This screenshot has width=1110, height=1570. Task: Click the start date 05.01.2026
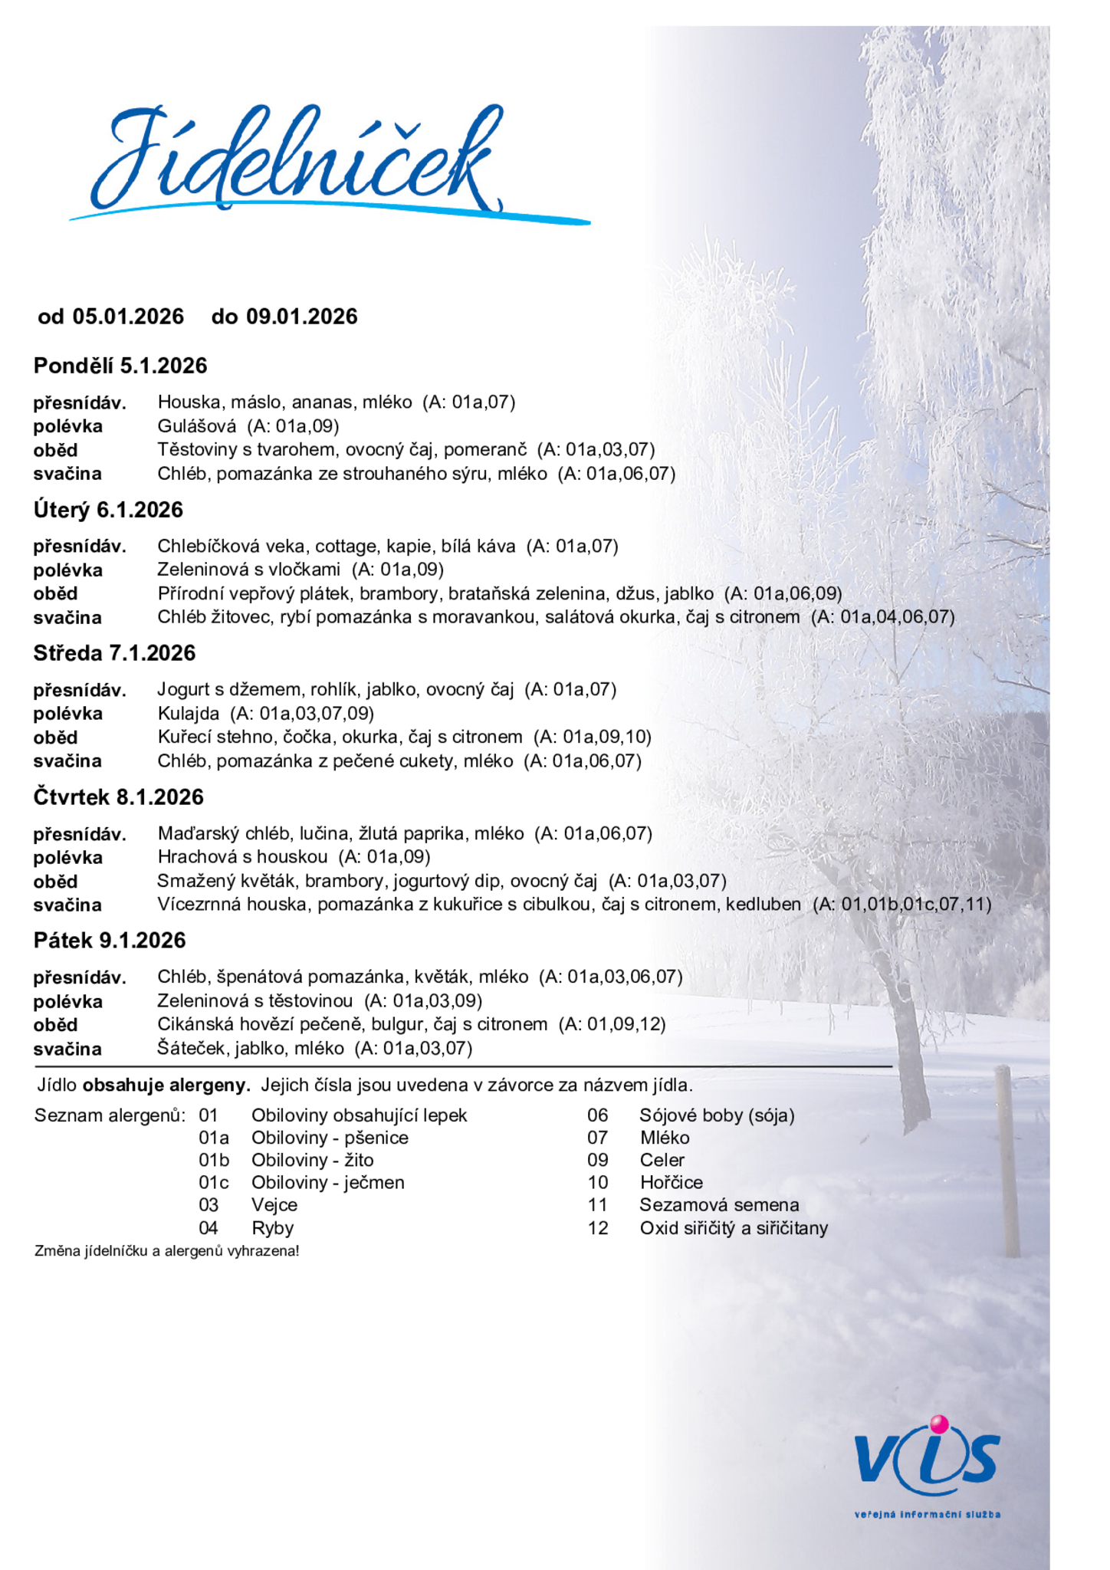[128, 317]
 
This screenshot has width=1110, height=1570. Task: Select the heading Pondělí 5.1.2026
[120, 366]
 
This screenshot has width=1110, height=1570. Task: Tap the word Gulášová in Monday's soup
[197, 425]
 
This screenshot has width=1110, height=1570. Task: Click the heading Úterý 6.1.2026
[108, 510]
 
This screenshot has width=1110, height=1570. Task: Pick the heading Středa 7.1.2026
[114, 653]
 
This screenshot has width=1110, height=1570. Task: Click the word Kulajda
[188, 714]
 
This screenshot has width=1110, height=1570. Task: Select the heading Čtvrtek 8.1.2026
[118, 797]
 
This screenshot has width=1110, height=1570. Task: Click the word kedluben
[764, 905]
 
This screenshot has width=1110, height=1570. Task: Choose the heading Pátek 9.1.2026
[110, 941]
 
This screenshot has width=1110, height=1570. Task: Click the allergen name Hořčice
[671, 1182]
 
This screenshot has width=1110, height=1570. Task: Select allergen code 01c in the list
[213, 1182]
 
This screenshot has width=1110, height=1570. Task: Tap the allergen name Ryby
[272, 1228]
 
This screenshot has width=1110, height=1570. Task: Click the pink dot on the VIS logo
[938, 1424]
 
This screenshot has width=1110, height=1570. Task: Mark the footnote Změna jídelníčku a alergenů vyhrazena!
[166, 1251]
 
